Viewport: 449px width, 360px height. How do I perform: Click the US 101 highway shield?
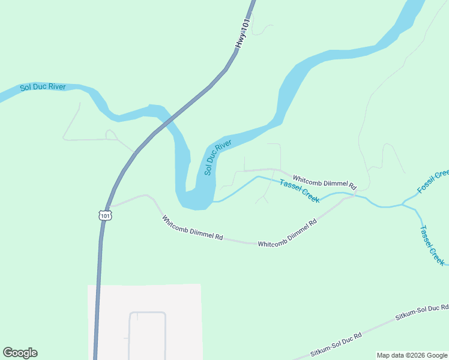point(105,215)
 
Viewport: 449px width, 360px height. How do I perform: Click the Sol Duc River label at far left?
point(43,88)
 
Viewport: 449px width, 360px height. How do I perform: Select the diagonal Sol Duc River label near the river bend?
point(217,157)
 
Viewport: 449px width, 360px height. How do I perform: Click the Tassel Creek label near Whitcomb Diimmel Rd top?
point(300,191)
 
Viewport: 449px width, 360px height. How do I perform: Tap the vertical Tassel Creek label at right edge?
point(432,245)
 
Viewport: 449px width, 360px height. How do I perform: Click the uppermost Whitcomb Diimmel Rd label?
point(325,179)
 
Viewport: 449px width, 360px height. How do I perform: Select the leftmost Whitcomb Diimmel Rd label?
point(192,228)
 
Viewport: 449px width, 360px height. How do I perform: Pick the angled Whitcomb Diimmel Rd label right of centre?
point(288,234)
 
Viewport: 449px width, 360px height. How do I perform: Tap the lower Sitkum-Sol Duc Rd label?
point(336,345)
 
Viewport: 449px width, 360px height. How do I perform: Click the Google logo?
point(20,353)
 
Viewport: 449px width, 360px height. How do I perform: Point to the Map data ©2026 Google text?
point(412,355)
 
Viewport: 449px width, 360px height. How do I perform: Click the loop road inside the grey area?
point(147,313)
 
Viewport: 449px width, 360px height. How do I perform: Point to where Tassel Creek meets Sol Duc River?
point(214,201)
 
